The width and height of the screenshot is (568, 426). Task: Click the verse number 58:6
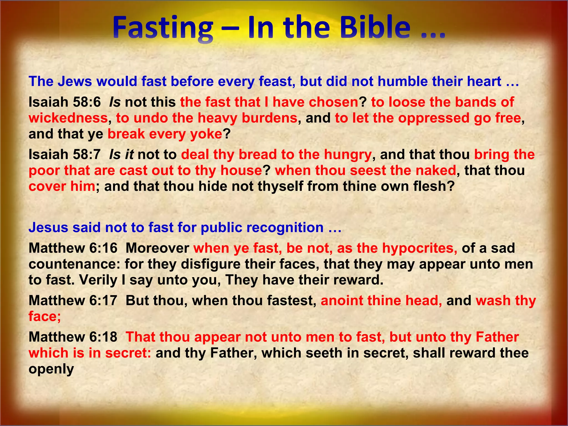(87, 102)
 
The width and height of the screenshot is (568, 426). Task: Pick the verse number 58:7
(87, 154)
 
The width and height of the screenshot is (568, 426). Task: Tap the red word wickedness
(68, 118)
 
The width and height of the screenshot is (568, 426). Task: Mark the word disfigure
(211, 264)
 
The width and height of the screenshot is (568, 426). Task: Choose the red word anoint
(341, 300)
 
